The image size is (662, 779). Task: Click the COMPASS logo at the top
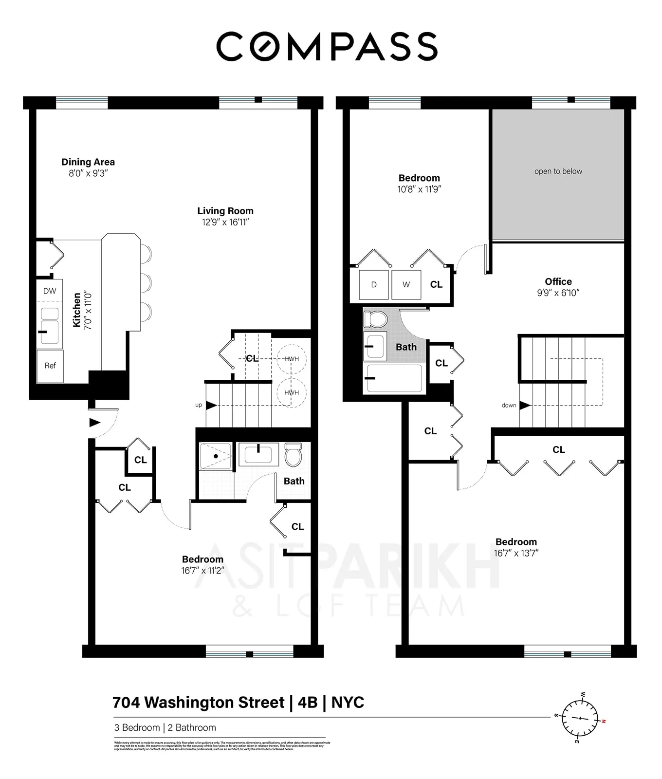327,47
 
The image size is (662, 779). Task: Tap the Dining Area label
88,162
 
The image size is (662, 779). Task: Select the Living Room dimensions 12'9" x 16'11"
225,223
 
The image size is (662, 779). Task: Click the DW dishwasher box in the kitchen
50,291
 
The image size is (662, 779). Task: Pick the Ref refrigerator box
50,366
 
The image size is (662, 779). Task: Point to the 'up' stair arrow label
199,405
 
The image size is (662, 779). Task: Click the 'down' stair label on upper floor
509,405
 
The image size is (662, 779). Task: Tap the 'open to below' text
558,171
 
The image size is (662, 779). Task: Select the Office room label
558,281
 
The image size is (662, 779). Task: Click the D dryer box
374,285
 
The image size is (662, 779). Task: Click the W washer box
406,285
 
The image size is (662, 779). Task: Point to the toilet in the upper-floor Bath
375,319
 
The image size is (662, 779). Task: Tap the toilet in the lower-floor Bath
294,454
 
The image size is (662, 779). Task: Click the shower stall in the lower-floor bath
216,456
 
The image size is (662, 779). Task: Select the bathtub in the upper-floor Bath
394,378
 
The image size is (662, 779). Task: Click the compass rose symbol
580,718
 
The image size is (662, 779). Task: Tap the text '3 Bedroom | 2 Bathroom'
165,727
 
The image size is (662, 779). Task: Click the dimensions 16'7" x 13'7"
516,553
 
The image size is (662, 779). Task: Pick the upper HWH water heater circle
292,359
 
